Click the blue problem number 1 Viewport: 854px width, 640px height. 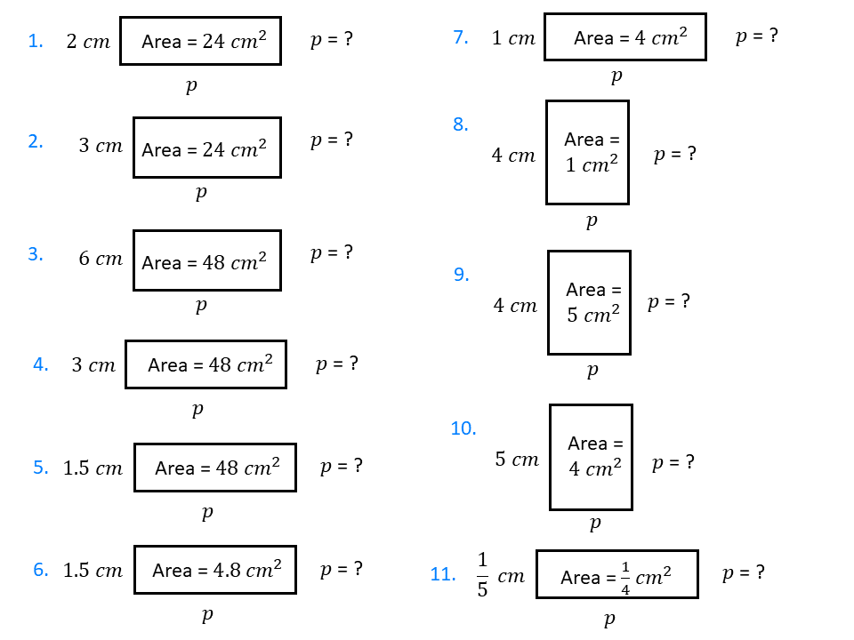[x=36, y=41]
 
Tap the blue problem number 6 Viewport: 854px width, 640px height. [x=41, y=570]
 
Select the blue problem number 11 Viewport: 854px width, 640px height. [x=443, y=574]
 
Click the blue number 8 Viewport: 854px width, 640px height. [x=460, y=124]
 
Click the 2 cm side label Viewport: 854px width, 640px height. [x=88, y=42]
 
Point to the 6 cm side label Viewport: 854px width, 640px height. [x=101, y=259]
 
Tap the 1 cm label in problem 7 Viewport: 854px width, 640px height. [x=513, y=38]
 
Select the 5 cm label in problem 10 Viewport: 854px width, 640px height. [x=517, y=460]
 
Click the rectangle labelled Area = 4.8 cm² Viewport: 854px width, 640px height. [x=215, y=570]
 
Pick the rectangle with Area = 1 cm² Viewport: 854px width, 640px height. [x=587, y=152]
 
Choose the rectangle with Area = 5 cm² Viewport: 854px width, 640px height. [x=589, y=302]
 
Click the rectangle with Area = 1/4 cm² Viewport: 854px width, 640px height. [x=616, y=574]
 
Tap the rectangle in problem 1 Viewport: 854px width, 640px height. [x=200, y=41]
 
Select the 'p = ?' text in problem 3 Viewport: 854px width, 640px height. [x=332, y=253]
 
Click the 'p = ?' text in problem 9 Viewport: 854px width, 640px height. [x=669, y=301]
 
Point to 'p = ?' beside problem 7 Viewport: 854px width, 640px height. [x=757, y=36]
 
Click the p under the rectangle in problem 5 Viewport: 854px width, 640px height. [x=206, y=512]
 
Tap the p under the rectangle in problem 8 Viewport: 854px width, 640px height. [x=591, y=220]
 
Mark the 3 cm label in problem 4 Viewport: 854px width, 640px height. [x=93, y=365]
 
